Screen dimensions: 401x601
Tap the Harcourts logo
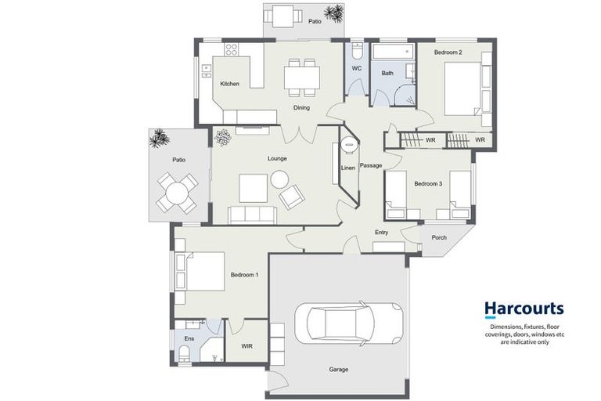[x=524, y=310]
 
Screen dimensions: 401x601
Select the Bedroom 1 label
[x=244, y=275]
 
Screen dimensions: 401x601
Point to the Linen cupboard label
[x=348, y=168]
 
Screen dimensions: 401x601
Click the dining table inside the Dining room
[x=302, y=77]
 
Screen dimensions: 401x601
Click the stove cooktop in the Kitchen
[x=232, y=49]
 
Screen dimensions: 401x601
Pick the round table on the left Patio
[x=177, y=190]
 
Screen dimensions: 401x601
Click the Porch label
[x=439, y=238]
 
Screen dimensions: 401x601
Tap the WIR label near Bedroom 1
[x=247, y=345]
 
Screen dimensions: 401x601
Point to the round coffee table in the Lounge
[x=280, y=179]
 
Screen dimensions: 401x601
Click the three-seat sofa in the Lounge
[x=251, y=215]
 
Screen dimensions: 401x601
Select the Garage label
[x=338, y=370]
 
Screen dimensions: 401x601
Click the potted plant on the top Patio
[x=334, y=13]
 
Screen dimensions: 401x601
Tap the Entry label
[x=381, y=233]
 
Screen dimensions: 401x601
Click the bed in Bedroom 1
[x=201, y=272]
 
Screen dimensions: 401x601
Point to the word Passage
[x=371, y=165]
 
